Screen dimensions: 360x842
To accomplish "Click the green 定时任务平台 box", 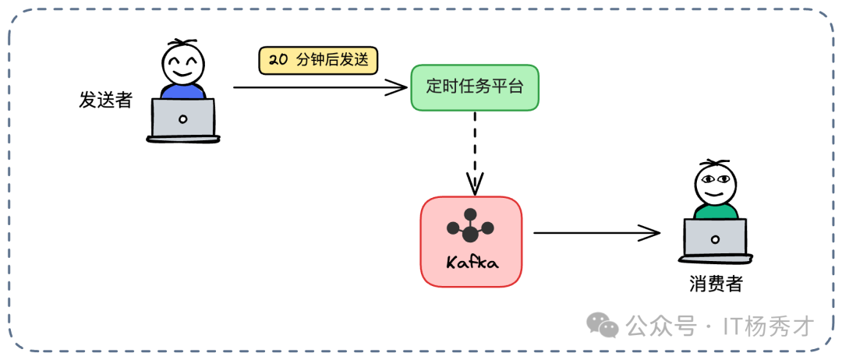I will pos(474,86).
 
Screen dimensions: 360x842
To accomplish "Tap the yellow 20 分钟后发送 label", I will pos(318,60).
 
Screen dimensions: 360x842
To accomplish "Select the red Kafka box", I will pos(471,242).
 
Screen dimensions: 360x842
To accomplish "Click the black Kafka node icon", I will pos(470,227).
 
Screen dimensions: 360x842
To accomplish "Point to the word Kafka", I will pos(472,263).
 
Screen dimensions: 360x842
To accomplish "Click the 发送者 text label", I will pos(105,100).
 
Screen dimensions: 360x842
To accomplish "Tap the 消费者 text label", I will pos(716,284).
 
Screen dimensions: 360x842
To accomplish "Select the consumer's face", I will pos(715,183).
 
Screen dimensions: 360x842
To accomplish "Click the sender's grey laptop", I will pos(183,119).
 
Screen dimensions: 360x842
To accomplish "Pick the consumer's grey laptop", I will pos(715,238).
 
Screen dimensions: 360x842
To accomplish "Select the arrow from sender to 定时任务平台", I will pos(320,87).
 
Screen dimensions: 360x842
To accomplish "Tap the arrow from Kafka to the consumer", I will pos(596,231).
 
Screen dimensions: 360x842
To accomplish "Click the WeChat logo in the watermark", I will pos(603,324).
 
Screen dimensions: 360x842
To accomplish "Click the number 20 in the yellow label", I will pos(278,60).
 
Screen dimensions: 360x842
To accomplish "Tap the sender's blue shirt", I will pos(183,91).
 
